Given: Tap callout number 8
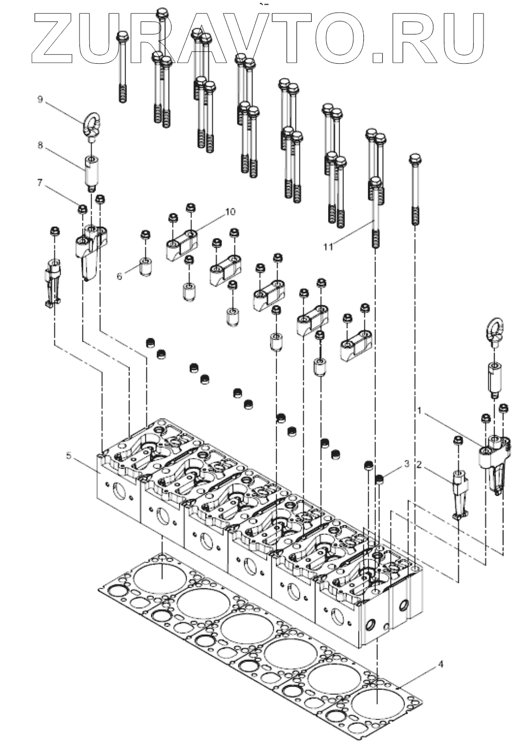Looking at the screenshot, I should point(40,146).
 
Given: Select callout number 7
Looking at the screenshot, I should point(40,182).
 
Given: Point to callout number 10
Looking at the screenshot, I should point(230,212).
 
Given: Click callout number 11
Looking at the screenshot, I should point(328,247).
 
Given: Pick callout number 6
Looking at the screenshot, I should point(120,275).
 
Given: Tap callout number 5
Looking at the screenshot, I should point(69,456).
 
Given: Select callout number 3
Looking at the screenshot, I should point(406,463).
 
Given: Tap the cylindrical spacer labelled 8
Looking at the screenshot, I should point(91,170).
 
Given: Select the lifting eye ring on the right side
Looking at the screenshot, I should point(493,330).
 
